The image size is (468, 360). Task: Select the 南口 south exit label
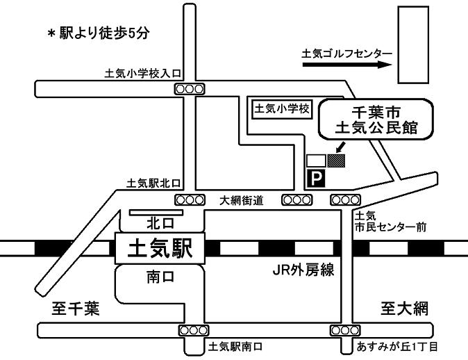159,276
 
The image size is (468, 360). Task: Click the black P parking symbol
316,180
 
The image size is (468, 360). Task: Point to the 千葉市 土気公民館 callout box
376,119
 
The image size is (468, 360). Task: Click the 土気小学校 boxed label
283,109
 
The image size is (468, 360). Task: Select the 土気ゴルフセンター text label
347,53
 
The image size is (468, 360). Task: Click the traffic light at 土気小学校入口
190,88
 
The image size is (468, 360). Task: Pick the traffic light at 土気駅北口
190,199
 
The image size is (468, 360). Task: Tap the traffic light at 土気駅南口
194,330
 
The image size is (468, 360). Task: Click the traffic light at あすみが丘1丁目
346,330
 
